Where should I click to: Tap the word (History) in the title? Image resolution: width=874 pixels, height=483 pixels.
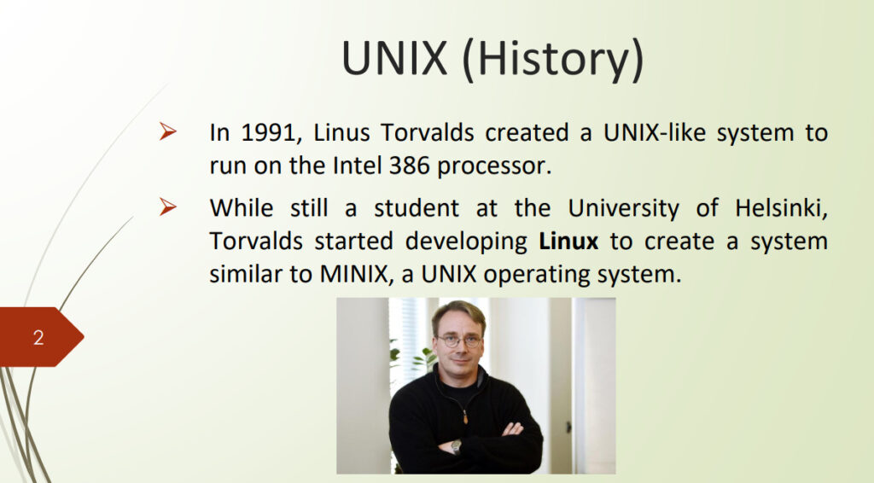tap(553, 60)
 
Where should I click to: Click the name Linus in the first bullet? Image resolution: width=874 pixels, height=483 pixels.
tap(341, 132)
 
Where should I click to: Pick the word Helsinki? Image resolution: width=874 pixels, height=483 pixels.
tap(781, 209)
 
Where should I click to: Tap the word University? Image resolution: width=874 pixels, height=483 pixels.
tap(623, 209)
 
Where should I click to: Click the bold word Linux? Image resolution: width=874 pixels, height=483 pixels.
tap(568, 241)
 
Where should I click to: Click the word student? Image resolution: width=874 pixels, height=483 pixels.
tap(417, 208)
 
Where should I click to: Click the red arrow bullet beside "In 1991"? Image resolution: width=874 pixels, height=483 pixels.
tap(168, 131)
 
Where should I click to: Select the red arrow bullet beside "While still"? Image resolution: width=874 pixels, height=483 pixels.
tap(168, 207)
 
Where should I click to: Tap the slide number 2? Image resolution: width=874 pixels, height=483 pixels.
tap(38, 338)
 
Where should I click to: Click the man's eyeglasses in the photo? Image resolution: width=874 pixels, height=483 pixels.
tap(459, 340)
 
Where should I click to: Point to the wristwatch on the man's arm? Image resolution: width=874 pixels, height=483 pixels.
tap(456, 445)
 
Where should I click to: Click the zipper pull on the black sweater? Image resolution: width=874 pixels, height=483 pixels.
tap(465, 416)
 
